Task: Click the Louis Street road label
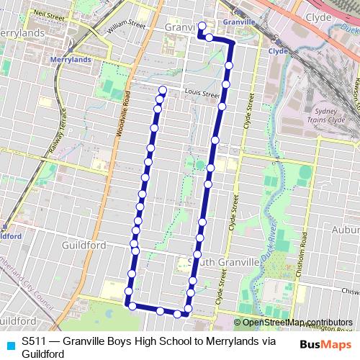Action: coord(201,93)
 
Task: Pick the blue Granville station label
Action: coord(240,22)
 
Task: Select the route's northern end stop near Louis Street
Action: coord(163,90)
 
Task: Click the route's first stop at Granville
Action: coord(202,27)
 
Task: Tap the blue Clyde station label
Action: coord(278,51)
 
